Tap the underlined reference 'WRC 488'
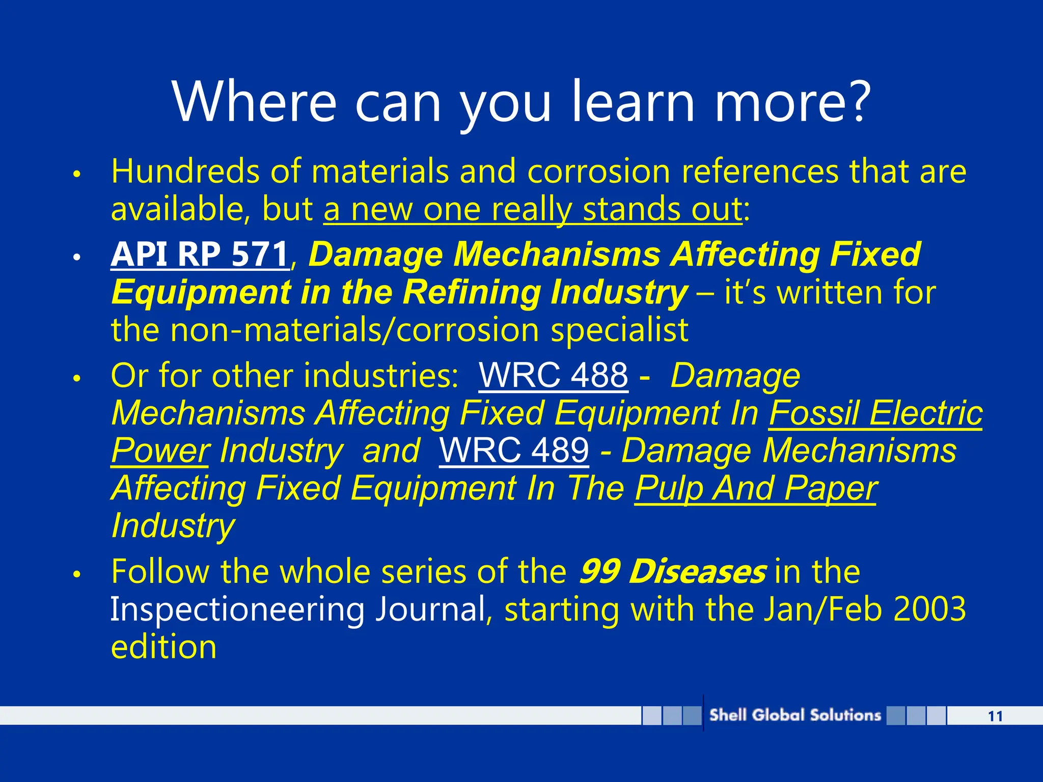tap(554, 376)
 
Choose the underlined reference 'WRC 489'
tap(514, 451)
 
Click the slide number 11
tap(995, 716)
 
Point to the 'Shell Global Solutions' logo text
tap(795, 715)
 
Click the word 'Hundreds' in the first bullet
tap(185, 172)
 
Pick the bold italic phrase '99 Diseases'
tap(672, 572)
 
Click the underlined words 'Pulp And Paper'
tap(756, 488)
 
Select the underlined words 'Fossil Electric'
tap(875, 413)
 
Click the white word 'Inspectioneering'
tap(237, 610)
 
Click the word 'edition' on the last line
tap(164, 647)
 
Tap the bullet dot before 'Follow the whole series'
tap(77, 574)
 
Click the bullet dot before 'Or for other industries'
tap(77, 379)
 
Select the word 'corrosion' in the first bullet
tap(598, 172)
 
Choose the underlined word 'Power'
tap(160, 451)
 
